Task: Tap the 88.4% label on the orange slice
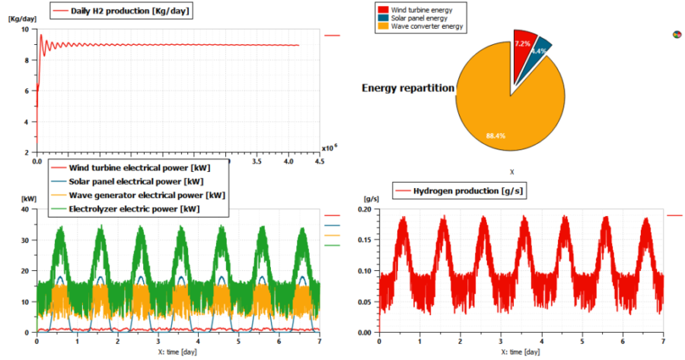pos(495,135)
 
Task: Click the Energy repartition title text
pos(407,88)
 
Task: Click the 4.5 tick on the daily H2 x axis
pos(321,162)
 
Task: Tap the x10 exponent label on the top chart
pos(328,148)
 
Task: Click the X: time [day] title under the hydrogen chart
pos(521,352)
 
